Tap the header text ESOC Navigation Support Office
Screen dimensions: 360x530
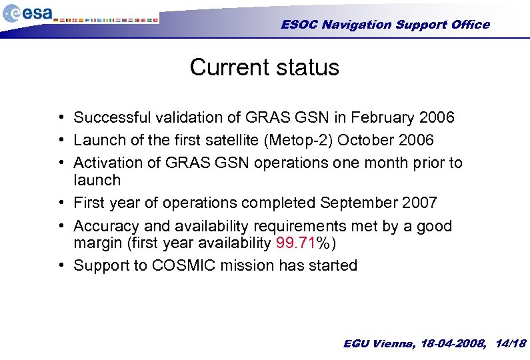click(x=385, y=25)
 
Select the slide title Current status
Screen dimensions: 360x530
click(x=264, y=67)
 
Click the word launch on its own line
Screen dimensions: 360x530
click(x=97, y=181)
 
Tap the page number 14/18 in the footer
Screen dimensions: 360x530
click(x=511, y=343)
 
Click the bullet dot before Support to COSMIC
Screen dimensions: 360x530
click(x=61, y=265)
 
